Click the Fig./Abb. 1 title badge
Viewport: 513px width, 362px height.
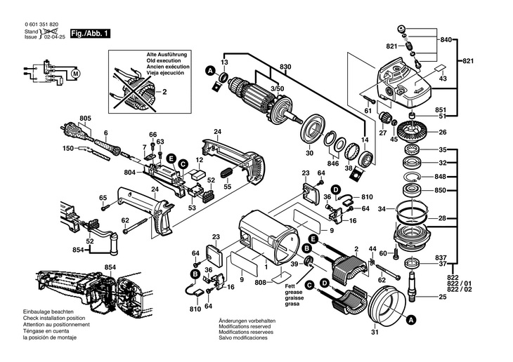click(90, 33)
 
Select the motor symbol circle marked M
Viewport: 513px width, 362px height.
click(77, 72)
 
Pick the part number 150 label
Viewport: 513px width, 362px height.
click(67, 149)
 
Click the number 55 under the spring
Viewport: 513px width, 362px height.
click(227, 187)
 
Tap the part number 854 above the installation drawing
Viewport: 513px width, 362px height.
click(110, 267)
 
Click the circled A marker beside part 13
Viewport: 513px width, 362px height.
click(210, 70)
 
